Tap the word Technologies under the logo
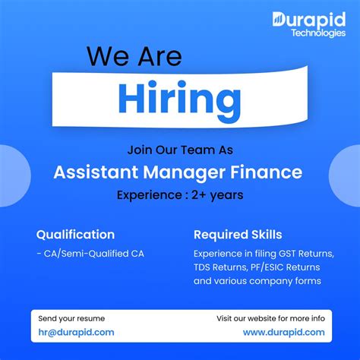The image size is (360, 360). pos(317,33)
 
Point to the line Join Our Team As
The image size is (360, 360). pos(179,150)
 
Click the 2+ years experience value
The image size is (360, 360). pos(212,195)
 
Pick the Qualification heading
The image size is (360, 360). pos(75,235)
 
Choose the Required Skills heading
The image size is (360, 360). pos(238,235)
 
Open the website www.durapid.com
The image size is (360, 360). pos(283,332)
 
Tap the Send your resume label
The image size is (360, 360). pos(71,318)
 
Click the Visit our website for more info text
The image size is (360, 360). pos(270,318)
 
